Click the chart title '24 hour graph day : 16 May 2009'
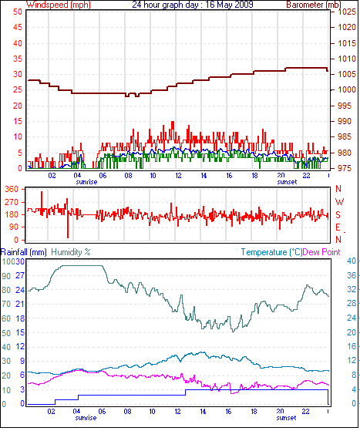(x=193, y=5)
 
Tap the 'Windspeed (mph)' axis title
(x=59, y=5)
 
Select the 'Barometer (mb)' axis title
(x=314, y=5)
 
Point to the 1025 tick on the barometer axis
(x=347, y=12)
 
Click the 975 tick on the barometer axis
(x=345, y=168)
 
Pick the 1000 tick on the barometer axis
(x=347, y=89)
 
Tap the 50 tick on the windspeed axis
(x=17, y=12)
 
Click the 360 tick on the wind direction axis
(x=12, y=189)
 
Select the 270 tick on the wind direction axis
(x=12, y=202)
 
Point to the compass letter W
(x=339, y=202)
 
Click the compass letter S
(x=338, y=214)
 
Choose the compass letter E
(x=338, y=227)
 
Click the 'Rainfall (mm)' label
(x=24, y=252)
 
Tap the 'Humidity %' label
(x=71, y=252)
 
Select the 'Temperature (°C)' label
(x=271, y=252)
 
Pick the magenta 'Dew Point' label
(x=321, y=252)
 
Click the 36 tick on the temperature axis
(x=352, y=275)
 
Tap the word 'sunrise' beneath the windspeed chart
(x=86, y=182)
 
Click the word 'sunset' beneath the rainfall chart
(x=286, y=418)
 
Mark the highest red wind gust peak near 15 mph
(x=173, y=123)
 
